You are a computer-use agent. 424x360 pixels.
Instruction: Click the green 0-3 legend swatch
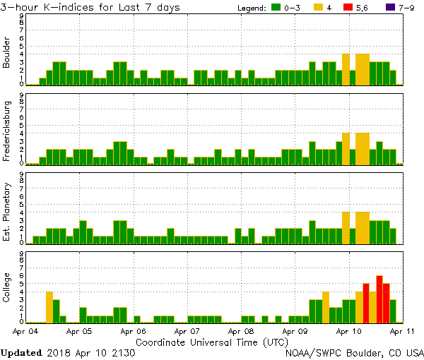276,7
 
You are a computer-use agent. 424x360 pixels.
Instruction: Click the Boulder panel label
7,54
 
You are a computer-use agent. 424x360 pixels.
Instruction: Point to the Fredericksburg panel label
7,133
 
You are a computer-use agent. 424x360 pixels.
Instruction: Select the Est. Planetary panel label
7,212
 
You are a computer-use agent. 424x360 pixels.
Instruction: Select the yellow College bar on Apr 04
49,306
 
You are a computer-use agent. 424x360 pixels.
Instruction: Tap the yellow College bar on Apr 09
326,306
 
